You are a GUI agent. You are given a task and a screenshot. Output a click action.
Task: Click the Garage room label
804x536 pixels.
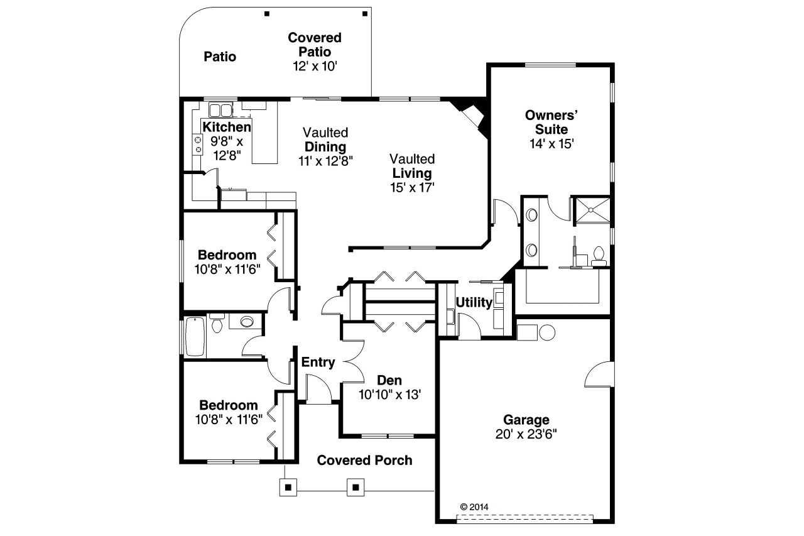526,420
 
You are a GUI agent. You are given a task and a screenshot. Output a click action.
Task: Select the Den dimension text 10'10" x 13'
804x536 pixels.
389,395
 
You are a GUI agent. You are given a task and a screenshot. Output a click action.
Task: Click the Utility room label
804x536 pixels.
474,302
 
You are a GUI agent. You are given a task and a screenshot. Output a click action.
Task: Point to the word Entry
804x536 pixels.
318,363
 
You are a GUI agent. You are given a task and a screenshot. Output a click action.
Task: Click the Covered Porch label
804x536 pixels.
364,461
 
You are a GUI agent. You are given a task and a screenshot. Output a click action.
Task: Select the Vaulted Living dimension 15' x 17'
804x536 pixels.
411,188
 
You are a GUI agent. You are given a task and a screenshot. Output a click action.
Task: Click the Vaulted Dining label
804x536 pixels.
325,140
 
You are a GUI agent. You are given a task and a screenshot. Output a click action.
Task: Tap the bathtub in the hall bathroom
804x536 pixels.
192,337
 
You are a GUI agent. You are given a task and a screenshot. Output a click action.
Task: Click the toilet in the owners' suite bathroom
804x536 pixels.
598,254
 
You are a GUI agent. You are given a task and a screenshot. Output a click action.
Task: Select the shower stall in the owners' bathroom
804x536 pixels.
590,209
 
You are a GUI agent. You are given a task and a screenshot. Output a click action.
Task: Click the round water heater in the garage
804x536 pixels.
546,332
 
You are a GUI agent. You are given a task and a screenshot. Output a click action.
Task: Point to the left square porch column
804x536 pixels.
288,487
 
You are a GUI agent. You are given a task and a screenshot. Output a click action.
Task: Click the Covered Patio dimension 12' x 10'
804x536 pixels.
315,66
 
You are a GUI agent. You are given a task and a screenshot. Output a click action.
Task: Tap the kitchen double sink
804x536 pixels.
220,111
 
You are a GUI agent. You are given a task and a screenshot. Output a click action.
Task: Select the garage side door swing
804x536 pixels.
599,376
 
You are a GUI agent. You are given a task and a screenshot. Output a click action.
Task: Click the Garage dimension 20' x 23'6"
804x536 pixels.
526,434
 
